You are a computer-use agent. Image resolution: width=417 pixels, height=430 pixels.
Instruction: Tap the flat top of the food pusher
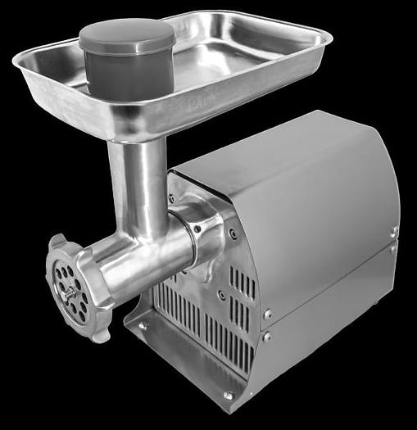tap(127, 35)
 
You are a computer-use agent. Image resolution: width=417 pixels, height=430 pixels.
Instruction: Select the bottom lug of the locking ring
tap(100, 333)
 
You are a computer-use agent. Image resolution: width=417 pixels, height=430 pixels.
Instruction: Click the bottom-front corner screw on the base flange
tap(228, 396)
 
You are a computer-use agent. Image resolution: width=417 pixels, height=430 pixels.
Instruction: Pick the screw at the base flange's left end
tap(141, 325)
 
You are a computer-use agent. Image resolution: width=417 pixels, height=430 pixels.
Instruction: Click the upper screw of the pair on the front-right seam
tap(268, 313)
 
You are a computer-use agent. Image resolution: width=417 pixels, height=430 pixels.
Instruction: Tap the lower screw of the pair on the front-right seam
tap(266, 336)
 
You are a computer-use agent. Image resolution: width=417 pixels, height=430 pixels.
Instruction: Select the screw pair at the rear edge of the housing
tap(393, 238)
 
